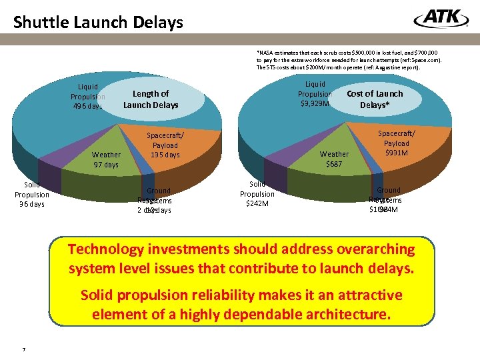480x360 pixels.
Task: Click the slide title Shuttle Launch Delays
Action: pos(98,23)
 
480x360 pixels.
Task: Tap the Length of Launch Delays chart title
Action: pos(151,99)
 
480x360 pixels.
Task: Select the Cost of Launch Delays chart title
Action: pos(375,99)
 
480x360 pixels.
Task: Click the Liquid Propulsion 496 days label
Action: pos(87,96)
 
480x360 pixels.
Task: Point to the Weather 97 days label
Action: pos(106,160)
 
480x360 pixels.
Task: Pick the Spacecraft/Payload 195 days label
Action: pos(165,145)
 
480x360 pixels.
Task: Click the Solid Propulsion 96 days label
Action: pos(32,194)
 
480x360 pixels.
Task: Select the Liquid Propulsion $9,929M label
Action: pos(315,94)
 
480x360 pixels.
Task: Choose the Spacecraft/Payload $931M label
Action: pos(396,143)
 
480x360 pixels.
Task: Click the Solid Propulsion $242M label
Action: pos(257,194)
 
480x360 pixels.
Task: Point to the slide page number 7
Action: pos(23,349)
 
